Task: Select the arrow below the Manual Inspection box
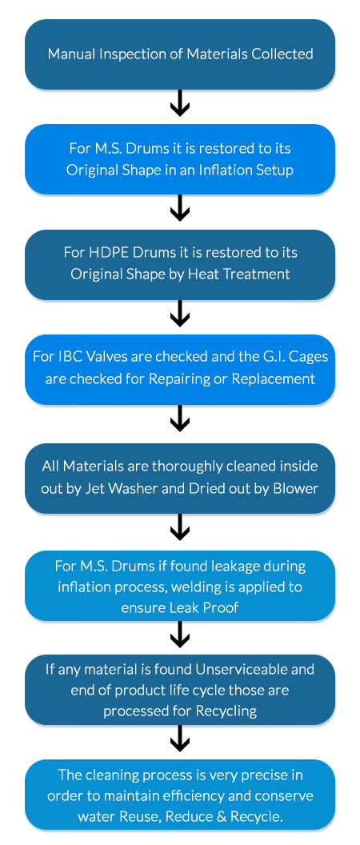(x=180, y=103)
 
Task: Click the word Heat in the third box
(x=202, y=274)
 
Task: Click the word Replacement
(x=274, y=378)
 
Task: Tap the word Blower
(x=299, y=488)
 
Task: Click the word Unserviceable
(x=255, y=670)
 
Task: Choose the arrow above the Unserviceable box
(x=180, y=635)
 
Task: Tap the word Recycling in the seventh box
(x=227, y=712)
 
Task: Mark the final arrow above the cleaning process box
(x=180, y=739)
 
